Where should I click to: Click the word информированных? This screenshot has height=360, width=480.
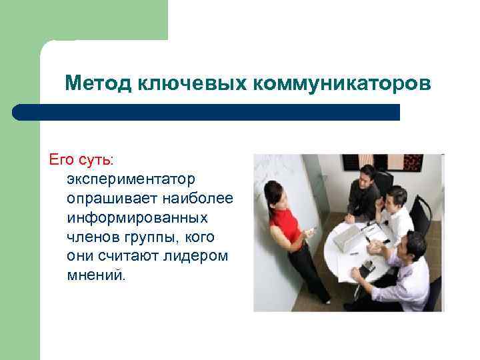[x=137, y=218]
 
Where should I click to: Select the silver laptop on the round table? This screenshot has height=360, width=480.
[x=347, y=237]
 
